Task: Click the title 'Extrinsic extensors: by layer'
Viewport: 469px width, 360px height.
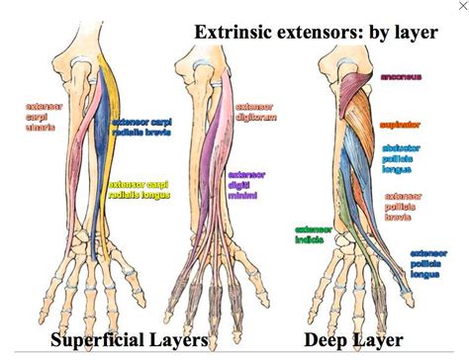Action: pyautogui.click(x=315, y=32)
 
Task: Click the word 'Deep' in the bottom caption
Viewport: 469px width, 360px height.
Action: pyautogui.click(x=326, y=341)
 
